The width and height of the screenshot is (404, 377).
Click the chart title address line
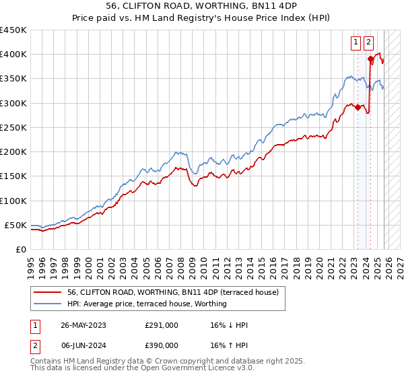click(201, 5)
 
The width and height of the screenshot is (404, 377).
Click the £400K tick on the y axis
click(13, 55)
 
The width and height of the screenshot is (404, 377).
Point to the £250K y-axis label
click(13, 127)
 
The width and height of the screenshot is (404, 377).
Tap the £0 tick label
click(20, 249)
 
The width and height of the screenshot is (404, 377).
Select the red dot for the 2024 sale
click(370, 59)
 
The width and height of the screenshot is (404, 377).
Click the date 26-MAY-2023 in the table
click(83, 325)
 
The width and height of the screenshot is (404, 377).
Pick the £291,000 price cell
click(162, 325)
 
